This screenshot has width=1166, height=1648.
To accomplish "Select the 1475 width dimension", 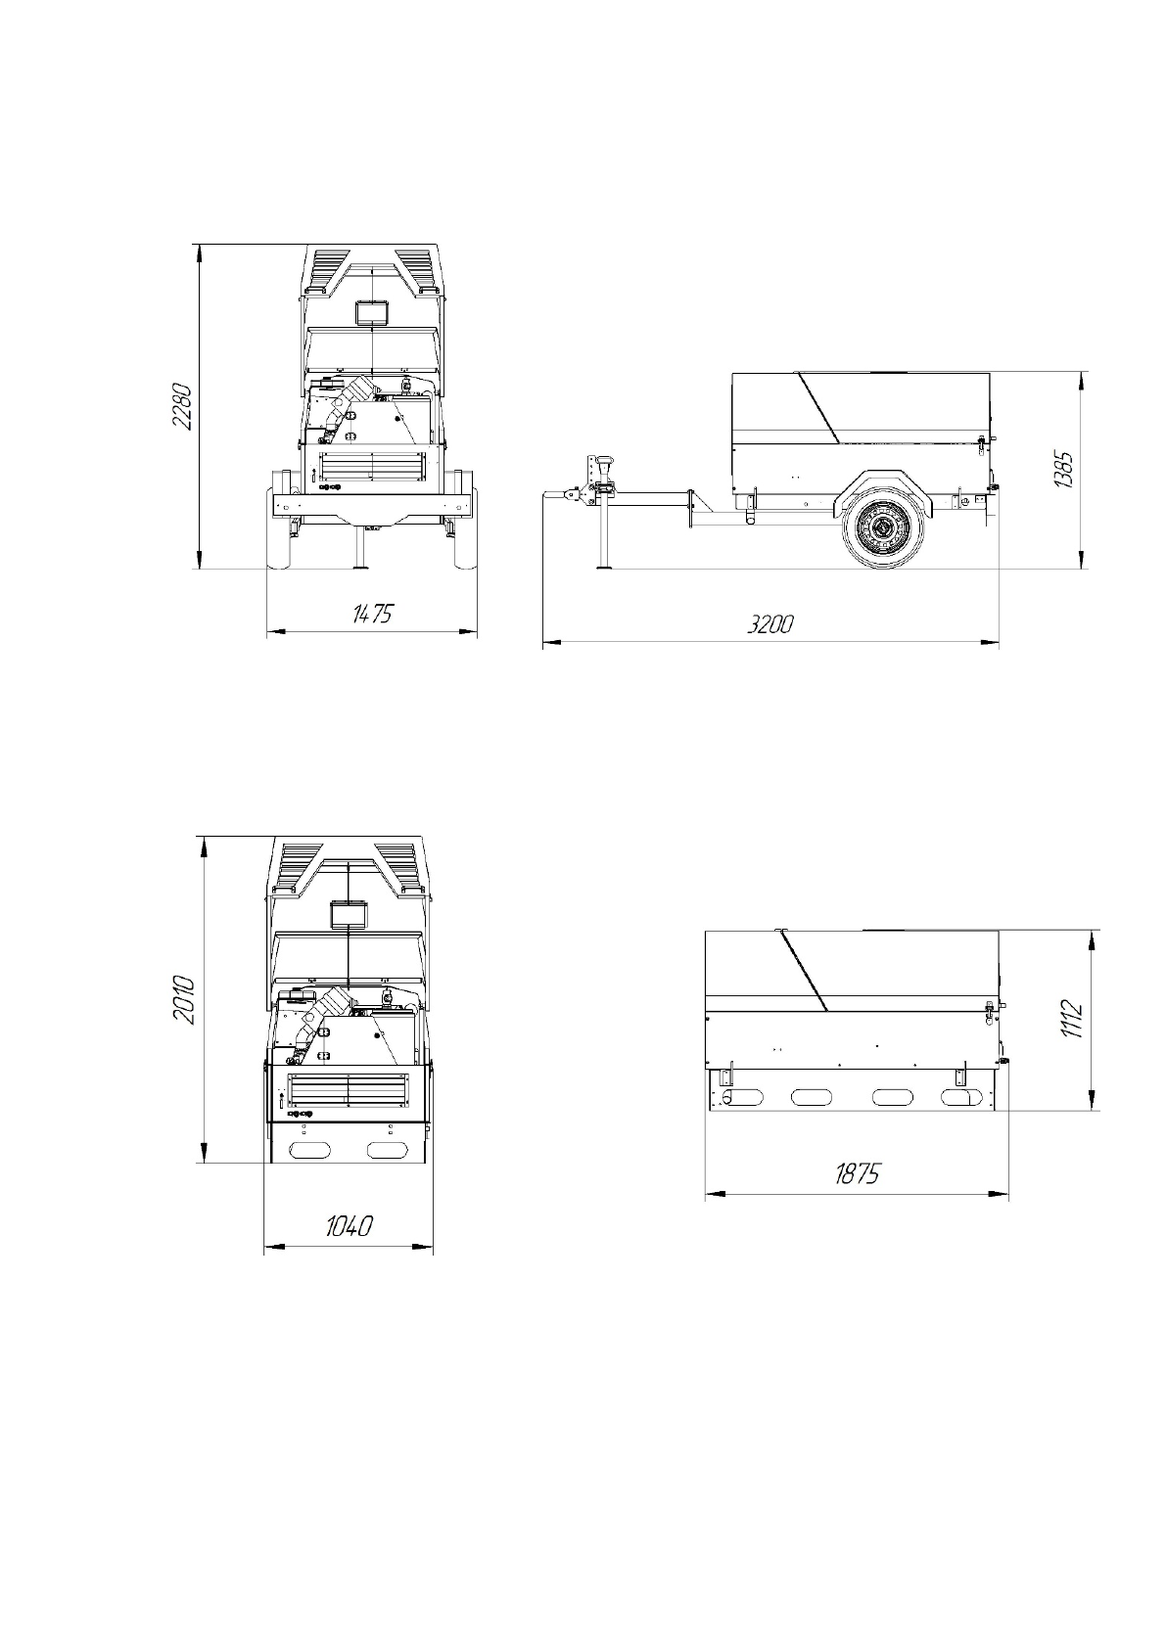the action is pos(372,613).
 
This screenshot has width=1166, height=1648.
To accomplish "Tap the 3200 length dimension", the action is pos(770,624).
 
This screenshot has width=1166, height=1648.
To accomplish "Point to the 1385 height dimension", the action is pos(1063,469).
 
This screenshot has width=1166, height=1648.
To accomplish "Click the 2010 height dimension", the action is pos(182,1000).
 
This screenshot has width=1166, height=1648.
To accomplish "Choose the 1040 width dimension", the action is pos(349,1225).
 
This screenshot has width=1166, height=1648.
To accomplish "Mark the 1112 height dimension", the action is pos(1071,1019).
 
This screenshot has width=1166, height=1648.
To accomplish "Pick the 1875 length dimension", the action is pos(857,1173).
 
